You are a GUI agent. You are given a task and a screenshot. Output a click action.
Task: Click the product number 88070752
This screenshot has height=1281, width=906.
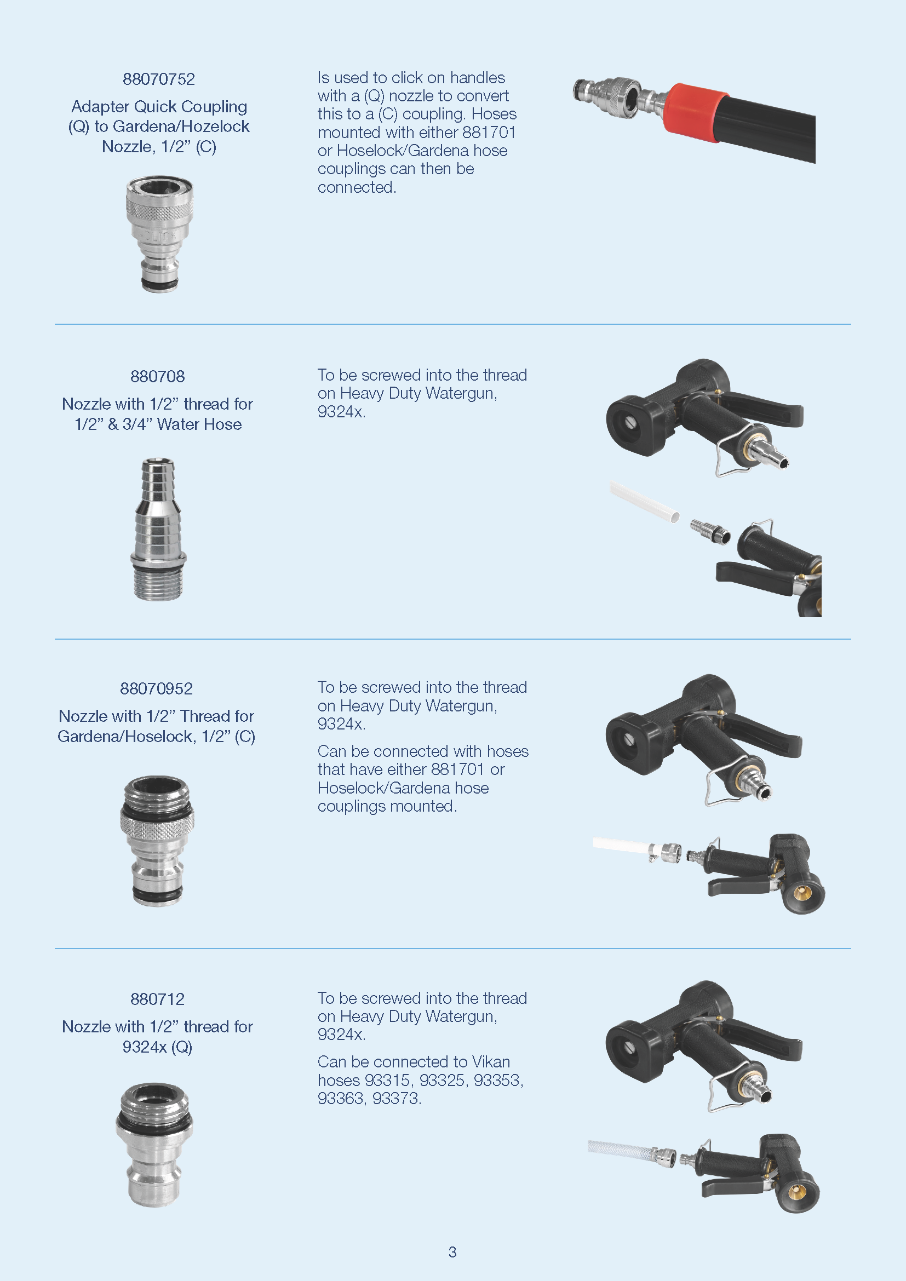click(x=159, y=79)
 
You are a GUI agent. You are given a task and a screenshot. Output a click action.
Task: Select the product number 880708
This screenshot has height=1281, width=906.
click(x=157, y=377)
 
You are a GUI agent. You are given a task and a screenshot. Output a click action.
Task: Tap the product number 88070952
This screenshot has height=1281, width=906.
click(x=156, y=688)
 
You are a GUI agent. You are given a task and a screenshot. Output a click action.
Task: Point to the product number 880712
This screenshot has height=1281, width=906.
click(x=157, y=999)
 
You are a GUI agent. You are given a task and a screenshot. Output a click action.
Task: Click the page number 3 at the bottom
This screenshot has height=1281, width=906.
click(x=452, y=1252)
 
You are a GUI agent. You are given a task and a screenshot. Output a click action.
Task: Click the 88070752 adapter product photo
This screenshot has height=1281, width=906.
click(x=159, y=234)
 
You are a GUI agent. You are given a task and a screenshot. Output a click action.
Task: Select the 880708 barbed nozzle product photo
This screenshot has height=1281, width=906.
click(x=158, y=530)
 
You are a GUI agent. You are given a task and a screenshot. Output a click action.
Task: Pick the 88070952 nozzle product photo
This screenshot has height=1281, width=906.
click(x=157, y=840)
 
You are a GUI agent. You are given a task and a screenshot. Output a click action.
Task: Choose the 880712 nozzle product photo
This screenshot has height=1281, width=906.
click(x=154, y=1145)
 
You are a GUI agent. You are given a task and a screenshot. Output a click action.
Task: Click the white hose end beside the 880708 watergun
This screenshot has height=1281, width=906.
click(x=644, y=502)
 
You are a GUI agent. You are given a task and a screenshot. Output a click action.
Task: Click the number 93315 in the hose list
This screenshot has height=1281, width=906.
click(x=387, y=1080)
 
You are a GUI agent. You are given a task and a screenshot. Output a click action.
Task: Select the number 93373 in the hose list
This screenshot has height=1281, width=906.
click(x=395, y=1098)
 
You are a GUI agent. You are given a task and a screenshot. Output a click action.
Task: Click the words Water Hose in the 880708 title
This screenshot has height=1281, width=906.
click(x=199, y=424)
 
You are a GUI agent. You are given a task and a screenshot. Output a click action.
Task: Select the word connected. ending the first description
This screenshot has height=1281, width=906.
click(x=357, y=187)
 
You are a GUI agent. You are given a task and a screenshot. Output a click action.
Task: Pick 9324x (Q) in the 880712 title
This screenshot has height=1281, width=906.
click(x=157, y=1047)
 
